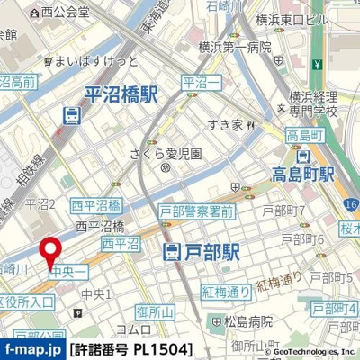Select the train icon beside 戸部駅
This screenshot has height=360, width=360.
click(174, 255)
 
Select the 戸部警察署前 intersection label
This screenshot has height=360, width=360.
click(196, 211)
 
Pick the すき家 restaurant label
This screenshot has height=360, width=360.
click(225, 125)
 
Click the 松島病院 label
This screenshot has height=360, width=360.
click(241, 320)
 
